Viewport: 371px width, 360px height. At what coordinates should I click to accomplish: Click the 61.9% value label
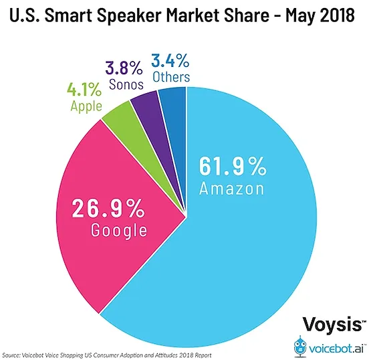pos(231,164)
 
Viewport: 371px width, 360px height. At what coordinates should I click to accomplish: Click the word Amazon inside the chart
pos(231,189)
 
